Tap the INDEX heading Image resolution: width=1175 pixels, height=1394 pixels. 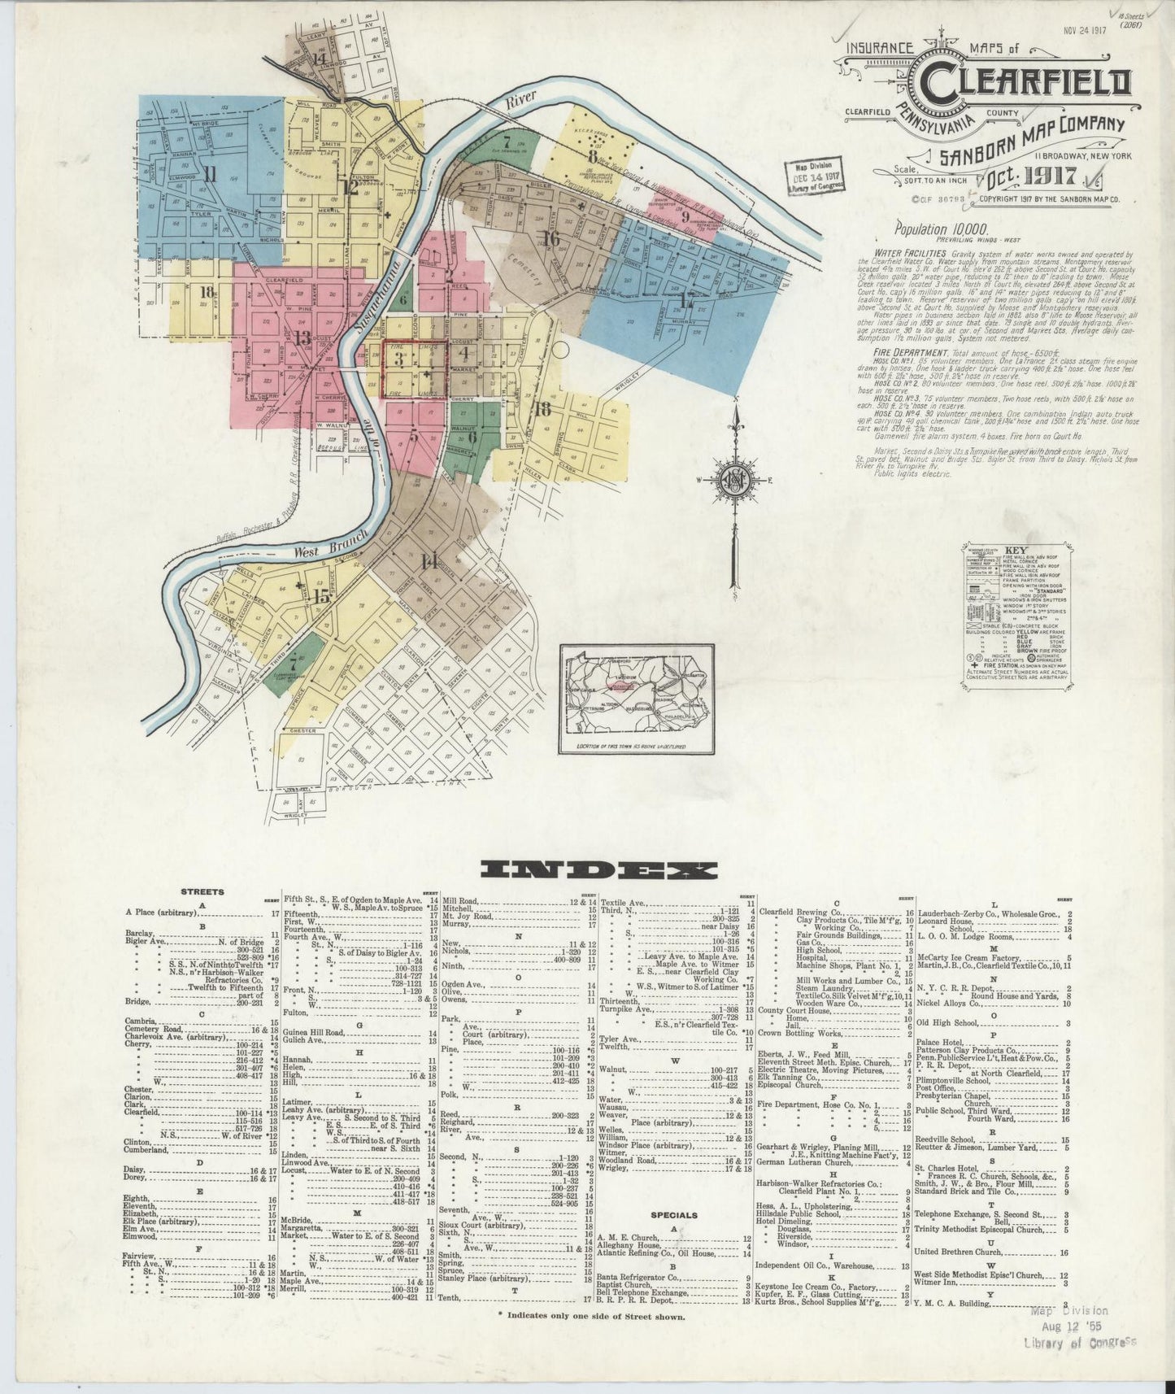[x=594, y=870]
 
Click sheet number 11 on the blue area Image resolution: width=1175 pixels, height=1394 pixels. [x=211, y=173]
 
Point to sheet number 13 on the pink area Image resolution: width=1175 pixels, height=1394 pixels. [x=302, y=338]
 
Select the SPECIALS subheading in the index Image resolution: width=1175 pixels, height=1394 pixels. [x=674, y=1215]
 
